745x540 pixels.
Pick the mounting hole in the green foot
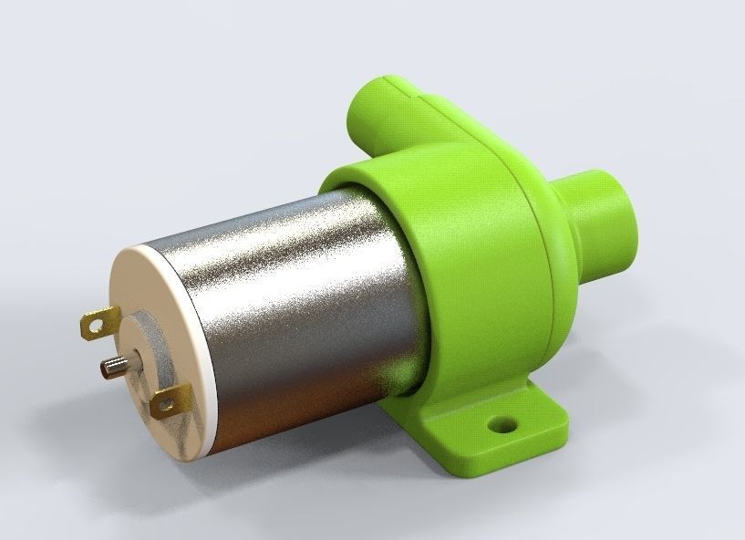pyautogui.click(x=500, y=424)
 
